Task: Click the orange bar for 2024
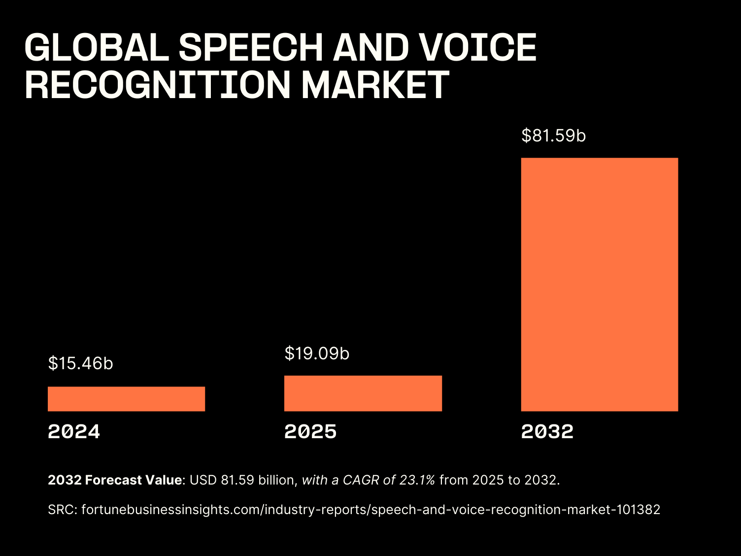126,399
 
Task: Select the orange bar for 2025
363,393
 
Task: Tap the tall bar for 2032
600,284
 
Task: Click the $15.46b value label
81,363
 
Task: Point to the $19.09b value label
317,353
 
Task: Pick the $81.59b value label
554,136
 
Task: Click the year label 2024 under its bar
74,432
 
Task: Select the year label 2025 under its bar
310,432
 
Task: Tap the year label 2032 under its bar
547,432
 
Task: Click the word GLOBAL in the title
97,48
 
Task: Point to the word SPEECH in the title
250,48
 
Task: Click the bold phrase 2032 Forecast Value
115,480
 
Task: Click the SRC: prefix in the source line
63,510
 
